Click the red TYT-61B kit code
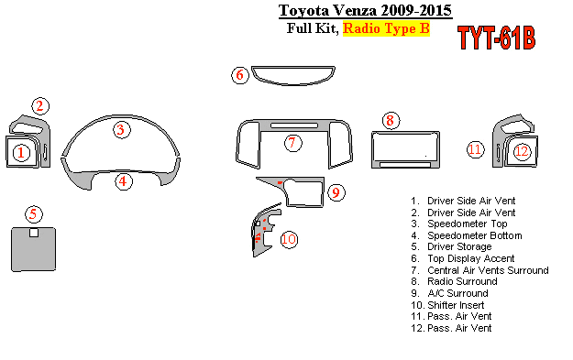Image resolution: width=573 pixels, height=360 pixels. point(496,38)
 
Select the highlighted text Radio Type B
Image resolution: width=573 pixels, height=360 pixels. point(386,28)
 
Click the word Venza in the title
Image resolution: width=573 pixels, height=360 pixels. point(356,10)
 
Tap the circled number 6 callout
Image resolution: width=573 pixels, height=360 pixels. point(240,75)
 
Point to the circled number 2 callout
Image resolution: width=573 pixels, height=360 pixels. point(40,106)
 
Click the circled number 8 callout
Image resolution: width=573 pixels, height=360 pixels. point(391,121)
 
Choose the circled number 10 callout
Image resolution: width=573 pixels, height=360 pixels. point(289,239)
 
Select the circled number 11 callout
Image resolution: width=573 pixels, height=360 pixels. point(476,149)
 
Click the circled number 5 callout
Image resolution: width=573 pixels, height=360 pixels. point(34,214)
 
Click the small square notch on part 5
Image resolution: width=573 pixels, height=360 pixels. point(34,232)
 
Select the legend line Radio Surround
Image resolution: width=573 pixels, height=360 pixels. point(454,281)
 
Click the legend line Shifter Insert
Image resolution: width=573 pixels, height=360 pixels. point(447,305)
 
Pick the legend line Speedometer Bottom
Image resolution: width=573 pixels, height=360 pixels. point(467,235)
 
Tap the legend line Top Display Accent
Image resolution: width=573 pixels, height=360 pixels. point(463,258)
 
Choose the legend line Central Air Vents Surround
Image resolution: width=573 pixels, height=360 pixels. point(479,270)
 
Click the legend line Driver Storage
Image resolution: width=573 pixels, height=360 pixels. point(451,246)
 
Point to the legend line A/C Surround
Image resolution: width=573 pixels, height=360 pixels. point(449,293)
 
